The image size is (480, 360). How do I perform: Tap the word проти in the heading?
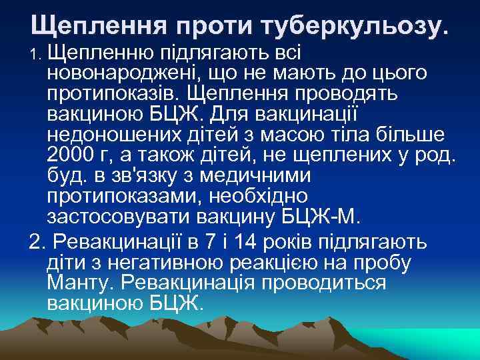click(215, 25)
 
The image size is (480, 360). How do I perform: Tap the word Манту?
click(79, 281)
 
